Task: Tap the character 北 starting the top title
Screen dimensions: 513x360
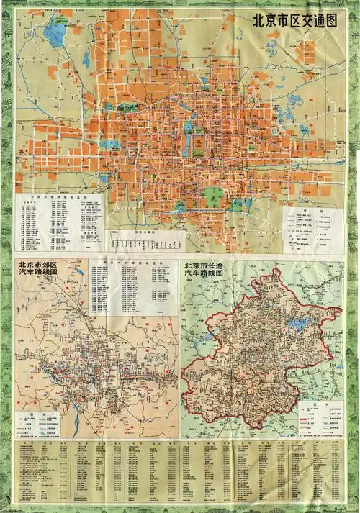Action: coord(253,21)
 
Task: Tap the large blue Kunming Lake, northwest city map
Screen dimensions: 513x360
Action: coord(54,33)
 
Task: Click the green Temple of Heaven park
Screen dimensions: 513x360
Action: coord(214,196)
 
